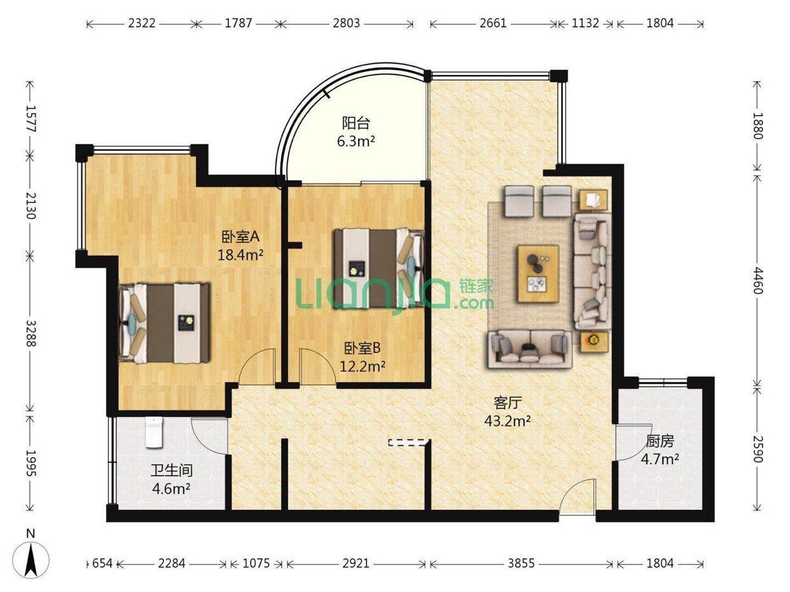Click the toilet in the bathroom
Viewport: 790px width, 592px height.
pos(154,432)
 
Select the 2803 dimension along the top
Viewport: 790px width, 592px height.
pos(346,24)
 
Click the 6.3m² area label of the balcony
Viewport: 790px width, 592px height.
pos(356,141)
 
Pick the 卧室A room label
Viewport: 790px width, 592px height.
pos(240,237)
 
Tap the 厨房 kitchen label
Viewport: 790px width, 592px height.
pos(660,441)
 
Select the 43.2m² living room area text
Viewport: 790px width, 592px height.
pos(507,420)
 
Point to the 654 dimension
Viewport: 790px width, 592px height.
pos(102,563)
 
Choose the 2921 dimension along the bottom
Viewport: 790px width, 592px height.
pos(356,563)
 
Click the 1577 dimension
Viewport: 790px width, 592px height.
pos(31,119)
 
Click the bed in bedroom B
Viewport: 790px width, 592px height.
pos(378,268)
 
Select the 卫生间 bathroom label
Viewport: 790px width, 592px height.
pos(171,470)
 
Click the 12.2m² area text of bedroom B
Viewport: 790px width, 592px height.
pos(363,366)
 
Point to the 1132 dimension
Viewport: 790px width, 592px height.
pos(586,24)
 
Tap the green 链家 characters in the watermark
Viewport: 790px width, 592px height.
pos(477,286)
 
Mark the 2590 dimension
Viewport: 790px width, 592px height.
pos(758,449)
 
